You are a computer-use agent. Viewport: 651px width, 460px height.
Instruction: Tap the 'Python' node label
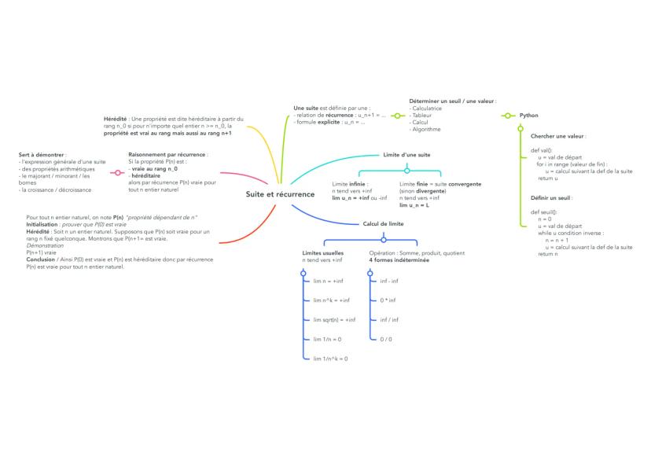(528, 116)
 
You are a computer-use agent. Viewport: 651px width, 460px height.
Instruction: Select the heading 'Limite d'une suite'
(406, 155)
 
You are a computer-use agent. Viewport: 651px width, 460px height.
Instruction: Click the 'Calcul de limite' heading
(383, 223)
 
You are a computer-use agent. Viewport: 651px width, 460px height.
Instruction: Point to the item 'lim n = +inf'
(328, 281)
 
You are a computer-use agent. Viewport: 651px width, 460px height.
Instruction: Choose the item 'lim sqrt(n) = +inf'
(334, 319)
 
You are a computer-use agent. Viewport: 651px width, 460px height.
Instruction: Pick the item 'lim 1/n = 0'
(327, 339)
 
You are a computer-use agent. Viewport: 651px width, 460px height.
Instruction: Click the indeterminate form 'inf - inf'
(388, 281)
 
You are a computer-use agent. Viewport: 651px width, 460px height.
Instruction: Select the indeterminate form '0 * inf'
(388, 300)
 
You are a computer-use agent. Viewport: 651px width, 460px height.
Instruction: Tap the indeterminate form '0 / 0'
(386, 339)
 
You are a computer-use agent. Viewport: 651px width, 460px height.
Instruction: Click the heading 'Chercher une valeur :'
(558, 136)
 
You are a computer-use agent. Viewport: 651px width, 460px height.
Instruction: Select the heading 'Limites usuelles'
(323, 253)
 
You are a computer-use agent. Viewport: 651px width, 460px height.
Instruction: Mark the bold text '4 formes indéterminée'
(399, 259)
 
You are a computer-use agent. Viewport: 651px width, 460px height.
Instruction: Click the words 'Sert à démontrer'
(42, 155)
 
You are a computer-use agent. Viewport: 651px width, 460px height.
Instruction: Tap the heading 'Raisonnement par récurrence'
(167, 155)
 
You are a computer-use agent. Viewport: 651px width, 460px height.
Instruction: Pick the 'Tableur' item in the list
(421, 115)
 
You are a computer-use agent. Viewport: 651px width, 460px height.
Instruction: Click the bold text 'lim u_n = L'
(415, 204)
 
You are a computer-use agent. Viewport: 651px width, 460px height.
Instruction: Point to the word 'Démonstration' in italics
(45, 245)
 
